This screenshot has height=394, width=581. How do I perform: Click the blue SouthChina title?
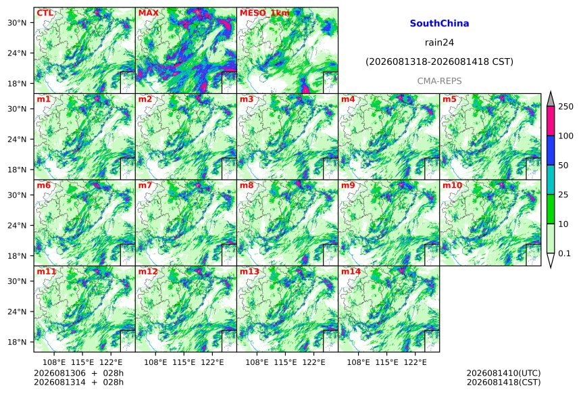coord(439,24)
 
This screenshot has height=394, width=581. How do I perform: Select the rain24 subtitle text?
coord(439,43)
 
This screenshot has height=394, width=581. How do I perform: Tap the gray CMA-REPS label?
coord(439,81)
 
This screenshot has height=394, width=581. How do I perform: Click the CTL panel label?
coord(45,14)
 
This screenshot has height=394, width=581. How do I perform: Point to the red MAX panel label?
coord(148,14)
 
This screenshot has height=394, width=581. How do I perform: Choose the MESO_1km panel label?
coord(265,14)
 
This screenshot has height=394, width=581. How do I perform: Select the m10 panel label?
coord(452,185)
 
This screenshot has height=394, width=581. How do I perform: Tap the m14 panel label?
coord(351,272)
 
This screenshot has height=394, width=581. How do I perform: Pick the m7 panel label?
coord(145,185)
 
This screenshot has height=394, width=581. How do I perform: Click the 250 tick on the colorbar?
coord(565,107)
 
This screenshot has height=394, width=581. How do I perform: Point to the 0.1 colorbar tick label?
coord(564,253)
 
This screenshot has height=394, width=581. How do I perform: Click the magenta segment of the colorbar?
coord(551,121)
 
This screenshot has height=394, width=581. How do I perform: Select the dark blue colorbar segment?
coord(551,150)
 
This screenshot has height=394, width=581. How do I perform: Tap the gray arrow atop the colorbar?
coord(551,99)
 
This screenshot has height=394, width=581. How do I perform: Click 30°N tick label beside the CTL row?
coord(17,23)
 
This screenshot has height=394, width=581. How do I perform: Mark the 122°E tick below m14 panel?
coord(415,362)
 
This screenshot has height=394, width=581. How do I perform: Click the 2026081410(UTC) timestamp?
coord(503,373)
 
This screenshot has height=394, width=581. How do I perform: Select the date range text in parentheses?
coord(439,62)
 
